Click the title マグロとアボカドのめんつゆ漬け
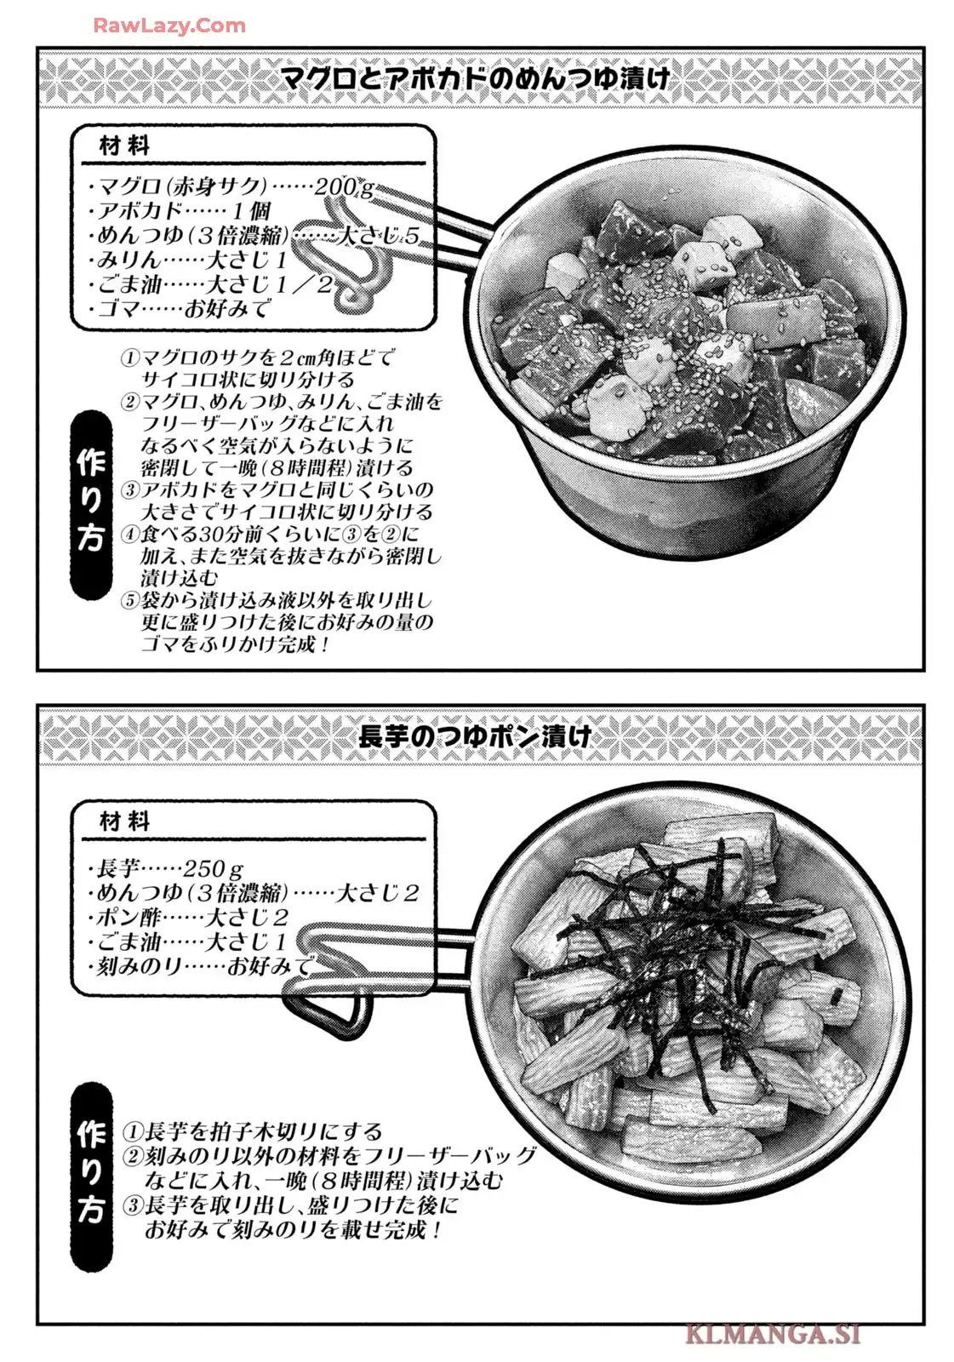[476, 79]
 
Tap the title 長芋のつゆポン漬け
[475, 736]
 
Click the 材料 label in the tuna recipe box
[124, 146]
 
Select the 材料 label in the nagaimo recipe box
[124, 822]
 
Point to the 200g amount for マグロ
[344, 186]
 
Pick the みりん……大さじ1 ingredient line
[186, 260]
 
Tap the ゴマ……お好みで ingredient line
[179, 309]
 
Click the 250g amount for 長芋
[213, 867]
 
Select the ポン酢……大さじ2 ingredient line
[188, 917]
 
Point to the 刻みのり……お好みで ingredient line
[201, 965]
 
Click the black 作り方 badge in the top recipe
[92, 504]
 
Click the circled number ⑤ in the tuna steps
[130, 601]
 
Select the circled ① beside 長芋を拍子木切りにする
[133, 1131]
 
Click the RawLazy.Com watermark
[169, 26]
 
